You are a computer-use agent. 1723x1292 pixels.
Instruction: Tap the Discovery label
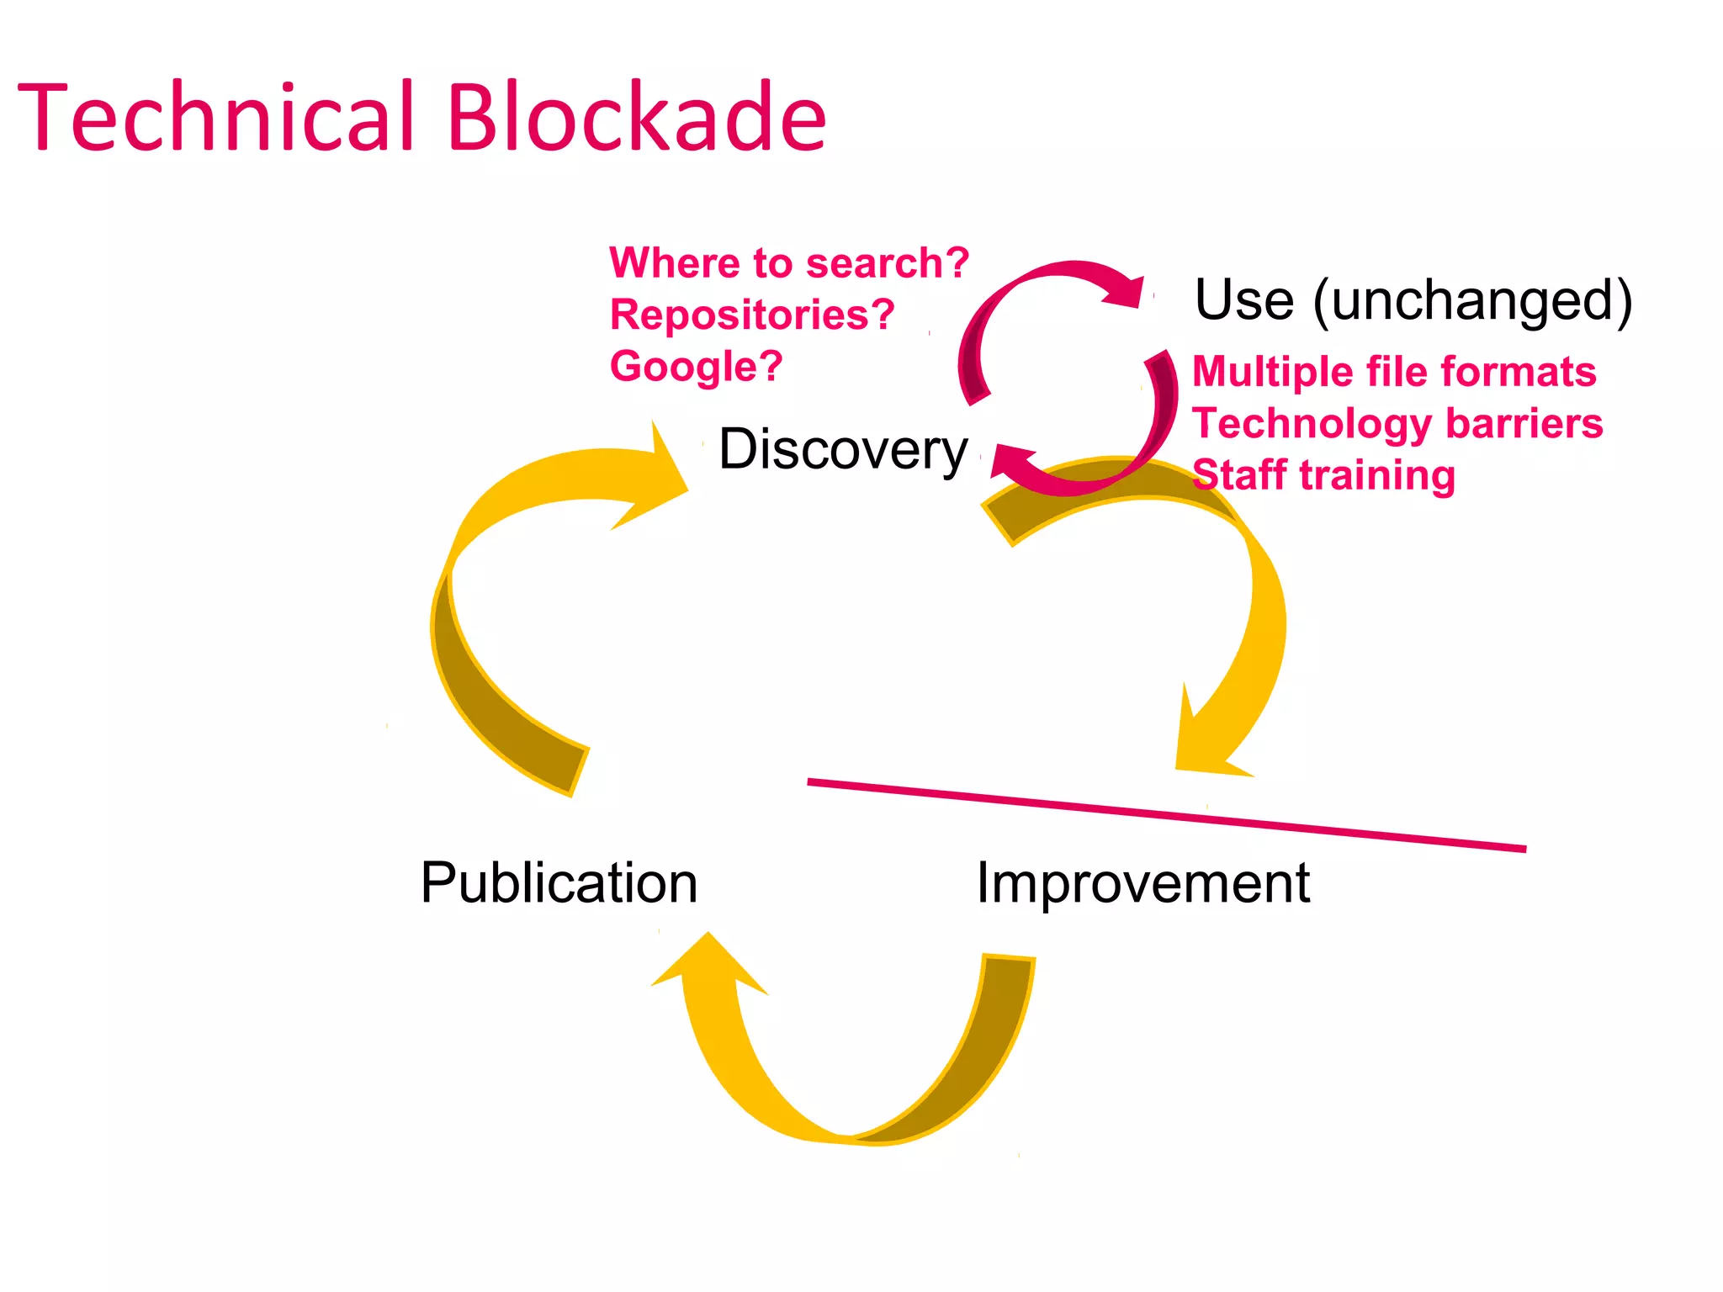pyautogui.click(x=842, y=450)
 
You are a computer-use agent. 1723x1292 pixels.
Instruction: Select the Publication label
pyautogui.click(x=559, y=883)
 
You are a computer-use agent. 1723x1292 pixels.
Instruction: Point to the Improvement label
pyautogui.click(x=1142, y=883)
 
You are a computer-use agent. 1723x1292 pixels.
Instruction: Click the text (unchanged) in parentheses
pyautogui.click(x=1472, y=301)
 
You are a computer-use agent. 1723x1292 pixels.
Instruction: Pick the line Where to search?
pyautogui.click(x=788, y=263)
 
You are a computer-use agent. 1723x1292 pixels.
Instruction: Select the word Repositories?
pyautogui.click(x=751, y=315)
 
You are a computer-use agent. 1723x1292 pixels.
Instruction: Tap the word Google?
pyautogui.click(x=696, y=367)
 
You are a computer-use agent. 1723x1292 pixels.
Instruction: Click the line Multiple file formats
pyautogui.click(x=1393, y=372)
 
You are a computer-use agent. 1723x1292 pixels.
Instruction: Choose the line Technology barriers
pyautogui.click(x=1397, y=423)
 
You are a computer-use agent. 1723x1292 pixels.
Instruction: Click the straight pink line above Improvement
pyautogui.click(x=1166, y=814)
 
